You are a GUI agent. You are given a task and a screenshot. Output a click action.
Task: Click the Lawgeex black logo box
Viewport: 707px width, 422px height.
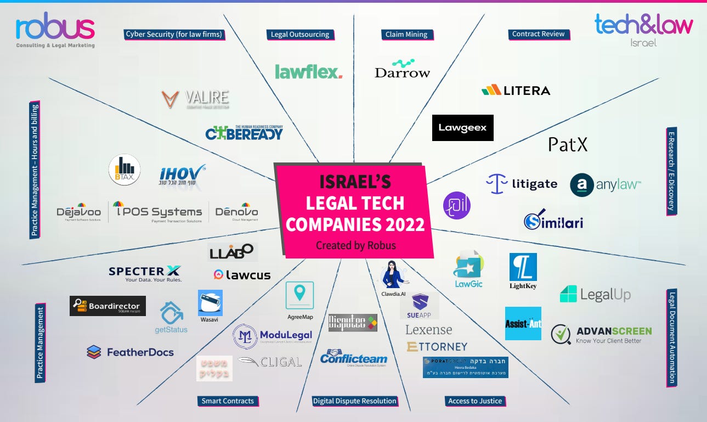tap(462, 128)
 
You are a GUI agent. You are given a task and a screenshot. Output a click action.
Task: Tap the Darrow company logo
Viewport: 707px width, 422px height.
tap(402, 69)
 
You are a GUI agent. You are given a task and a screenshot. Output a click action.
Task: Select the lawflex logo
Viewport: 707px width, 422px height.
tap(308, 71)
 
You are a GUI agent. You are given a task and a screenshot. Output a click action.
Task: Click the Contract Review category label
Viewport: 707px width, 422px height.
tap(538, 34)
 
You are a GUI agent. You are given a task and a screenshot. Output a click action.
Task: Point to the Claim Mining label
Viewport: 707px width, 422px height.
tap(406, 35)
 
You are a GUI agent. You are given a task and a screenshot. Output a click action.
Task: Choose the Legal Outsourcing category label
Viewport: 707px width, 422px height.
tap(300, 35)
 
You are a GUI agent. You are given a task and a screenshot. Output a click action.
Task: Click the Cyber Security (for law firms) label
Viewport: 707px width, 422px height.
tap(174, 34)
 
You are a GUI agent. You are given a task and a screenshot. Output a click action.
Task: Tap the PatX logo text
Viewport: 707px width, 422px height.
tap(568, 144)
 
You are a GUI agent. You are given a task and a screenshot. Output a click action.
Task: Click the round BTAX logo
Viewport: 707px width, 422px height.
tap(125, 170)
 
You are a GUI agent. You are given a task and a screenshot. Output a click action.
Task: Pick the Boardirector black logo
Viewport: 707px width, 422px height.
tap(108, 306)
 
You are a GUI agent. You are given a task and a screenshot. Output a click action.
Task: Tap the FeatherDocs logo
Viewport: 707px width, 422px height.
tap(131, 352)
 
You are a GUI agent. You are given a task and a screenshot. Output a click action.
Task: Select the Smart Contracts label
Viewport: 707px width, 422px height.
tap(228, 401)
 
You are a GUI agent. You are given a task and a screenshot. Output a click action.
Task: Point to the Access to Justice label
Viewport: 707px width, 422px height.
tap(475, 401)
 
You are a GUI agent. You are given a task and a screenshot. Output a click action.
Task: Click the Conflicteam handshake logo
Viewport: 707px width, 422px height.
tap(353, 358)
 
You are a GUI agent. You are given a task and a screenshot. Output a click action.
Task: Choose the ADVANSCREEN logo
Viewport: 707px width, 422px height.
tap(601, 334)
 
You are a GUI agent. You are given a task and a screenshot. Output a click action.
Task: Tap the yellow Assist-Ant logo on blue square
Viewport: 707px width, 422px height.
tap(523, 323)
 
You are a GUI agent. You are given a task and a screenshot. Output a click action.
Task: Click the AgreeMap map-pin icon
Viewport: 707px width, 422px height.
tap(299, 295)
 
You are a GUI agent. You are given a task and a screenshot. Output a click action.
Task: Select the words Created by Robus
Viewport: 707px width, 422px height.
tap(355, 245)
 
